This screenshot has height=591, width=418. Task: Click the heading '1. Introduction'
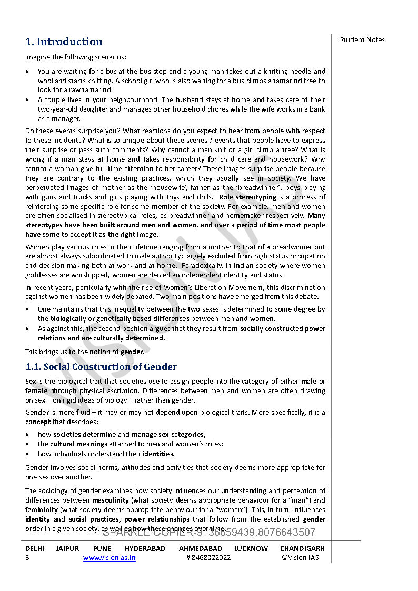[64, 42]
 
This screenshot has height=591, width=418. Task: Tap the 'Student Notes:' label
[363, 39]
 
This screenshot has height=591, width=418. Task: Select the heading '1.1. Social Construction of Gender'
[101, 367]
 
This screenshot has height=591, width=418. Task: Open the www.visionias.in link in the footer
[109, 558]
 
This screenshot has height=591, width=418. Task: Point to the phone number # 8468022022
[208, 558]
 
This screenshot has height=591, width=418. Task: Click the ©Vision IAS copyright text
[300, 558]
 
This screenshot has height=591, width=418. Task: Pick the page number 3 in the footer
[27, 558]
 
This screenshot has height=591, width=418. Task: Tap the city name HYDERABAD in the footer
[145, 548]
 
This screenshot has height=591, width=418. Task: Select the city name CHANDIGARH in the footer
[302, 548]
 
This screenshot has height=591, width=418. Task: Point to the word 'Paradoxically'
[159, 266]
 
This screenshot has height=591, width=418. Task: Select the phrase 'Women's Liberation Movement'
[178, 287]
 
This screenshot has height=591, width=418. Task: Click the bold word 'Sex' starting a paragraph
[31, 381]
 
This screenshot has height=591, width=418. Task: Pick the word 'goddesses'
[41, 275]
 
